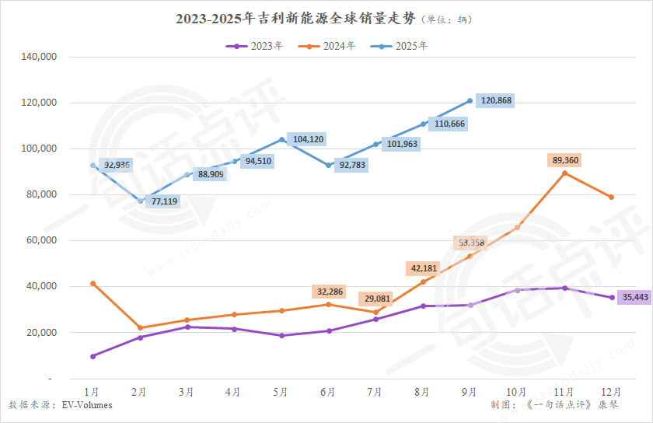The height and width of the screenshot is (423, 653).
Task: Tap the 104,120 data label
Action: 308,139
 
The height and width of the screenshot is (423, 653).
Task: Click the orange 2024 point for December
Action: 612,198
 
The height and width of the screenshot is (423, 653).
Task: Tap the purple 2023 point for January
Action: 93,356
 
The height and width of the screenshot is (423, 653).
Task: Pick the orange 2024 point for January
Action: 93,284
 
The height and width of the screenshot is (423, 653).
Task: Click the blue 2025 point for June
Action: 329,166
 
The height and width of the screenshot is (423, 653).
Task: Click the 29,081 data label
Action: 376,299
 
